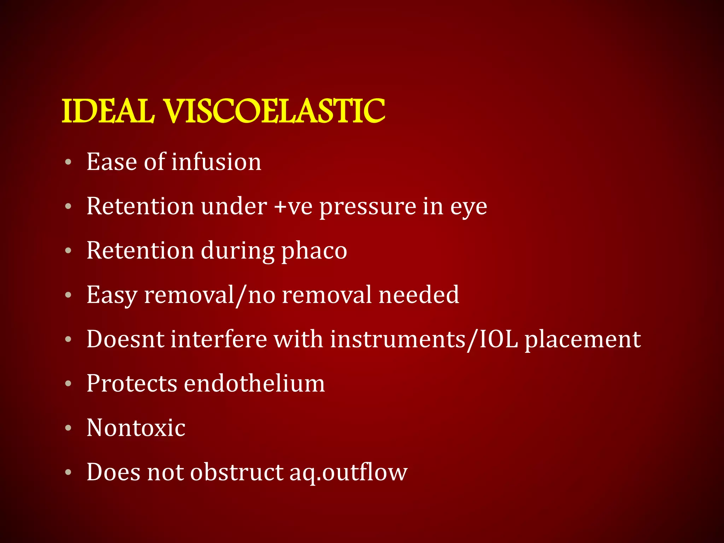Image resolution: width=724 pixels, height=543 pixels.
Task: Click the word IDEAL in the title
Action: coord(108,111)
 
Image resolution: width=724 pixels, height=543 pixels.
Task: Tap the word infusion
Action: coord(216,162)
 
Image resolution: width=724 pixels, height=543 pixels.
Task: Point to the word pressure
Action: coord(368,207)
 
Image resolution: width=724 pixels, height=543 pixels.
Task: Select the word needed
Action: coord(419,294)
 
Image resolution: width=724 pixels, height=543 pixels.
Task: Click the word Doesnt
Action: coord(125,339)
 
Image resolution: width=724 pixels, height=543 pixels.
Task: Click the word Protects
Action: coord(132,384)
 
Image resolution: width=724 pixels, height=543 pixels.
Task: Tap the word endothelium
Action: coord(254,383)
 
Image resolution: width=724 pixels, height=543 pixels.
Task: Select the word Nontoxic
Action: coord(136,428)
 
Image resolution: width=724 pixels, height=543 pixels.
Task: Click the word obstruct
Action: coord(237,472)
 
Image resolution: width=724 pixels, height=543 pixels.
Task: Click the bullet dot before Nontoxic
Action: coord(68,428)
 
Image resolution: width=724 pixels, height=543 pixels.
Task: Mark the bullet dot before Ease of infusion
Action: coord(68,162)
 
